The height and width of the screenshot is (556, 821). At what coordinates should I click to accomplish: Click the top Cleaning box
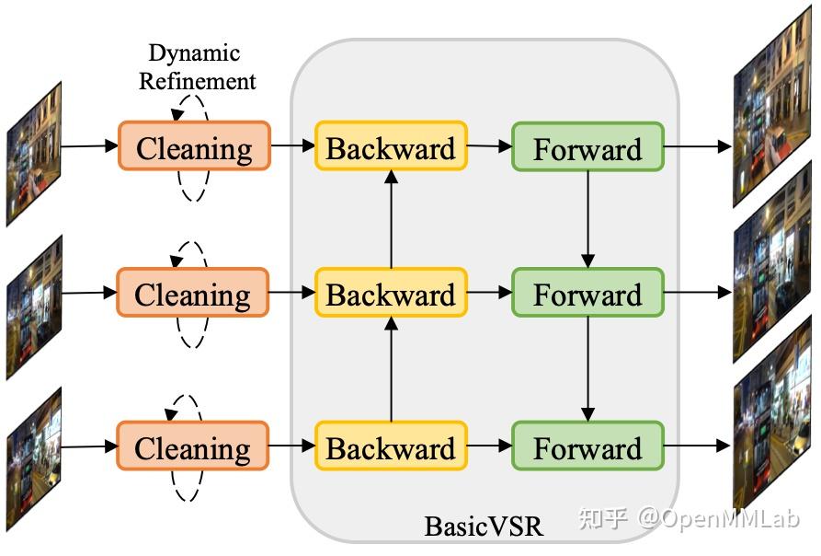[x=194, y=146]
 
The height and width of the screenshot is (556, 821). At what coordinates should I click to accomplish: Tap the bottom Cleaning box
[x=192, y=447]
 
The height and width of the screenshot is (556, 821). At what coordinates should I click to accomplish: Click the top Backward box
[x=391, y=146]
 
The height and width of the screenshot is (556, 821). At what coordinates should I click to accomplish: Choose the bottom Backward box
[x=391, y=447]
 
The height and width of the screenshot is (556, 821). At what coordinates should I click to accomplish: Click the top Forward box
[x=587, y=147]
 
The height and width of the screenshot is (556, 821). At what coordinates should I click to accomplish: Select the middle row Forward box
[x=587, y=294]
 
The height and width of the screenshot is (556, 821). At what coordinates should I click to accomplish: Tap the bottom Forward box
[x=587, y=447]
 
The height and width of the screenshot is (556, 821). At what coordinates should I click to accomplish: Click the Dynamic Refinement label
[x=197, y=67]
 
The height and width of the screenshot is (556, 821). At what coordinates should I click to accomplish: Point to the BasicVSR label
[x=484, y=526]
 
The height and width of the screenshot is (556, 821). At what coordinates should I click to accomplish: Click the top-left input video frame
[x=34, y=153]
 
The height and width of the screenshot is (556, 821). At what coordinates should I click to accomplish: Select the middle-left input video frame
[x=34, y=306]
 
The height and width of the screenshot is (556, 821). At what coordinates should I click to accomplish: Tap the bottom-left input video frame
[x=34, y=458]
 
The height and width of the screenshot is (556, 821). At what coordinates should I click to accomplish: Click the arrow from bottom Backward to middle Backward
[x=391, y=368]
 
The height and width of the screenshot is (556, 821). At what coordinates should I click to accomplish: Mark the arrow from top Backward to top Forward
[x=489, y=146]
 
